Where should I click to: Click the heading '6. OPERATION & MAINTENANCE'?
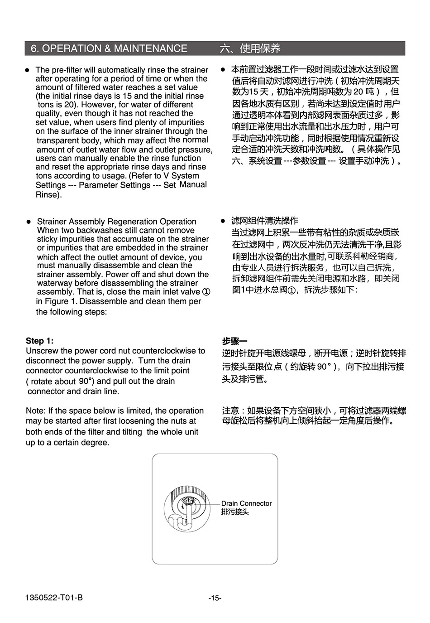point(109,48)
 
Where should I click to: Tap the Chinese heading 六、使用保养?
point(250,48)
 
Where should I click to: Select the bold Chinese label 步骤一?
point(234,341)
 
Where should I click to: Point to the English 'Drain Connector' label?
point(246,503)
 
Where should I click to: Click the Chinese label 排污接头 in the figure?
point(235,512)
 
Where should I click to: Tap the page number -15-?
point(215,598)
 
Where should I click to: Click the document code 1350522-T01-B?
point(54,598)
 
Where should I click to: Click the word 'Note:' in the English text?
point(36,411)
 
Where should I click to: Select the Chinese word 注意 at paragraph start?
point(230,411)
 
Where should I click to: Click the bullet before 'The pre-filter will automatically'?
point(27,70)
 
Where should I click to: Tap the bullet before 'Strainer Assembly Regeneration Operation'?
point(28,222)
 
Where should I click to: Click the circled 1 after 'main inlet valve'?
point(206,292)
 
